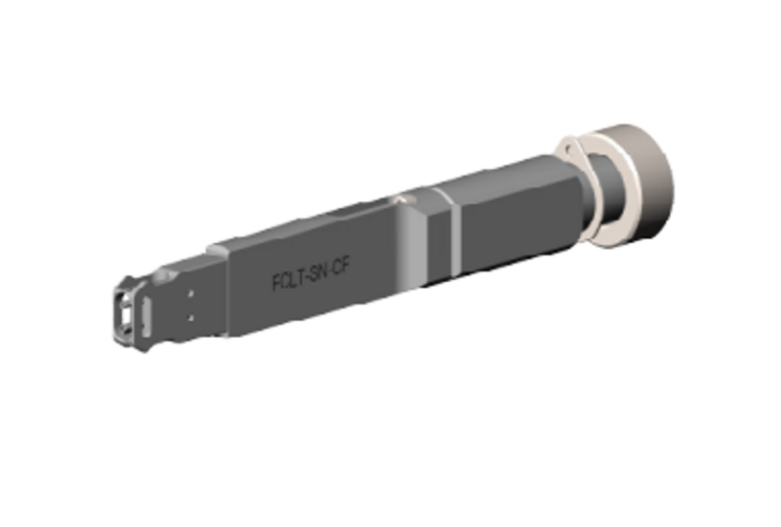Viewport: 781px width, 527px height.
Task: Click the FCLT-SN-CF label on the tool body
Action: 309,276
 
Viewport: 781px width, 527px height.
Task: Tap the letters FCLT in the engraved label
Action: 286,280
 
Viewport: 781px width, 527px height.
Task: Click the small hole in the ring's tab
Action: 563,148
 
